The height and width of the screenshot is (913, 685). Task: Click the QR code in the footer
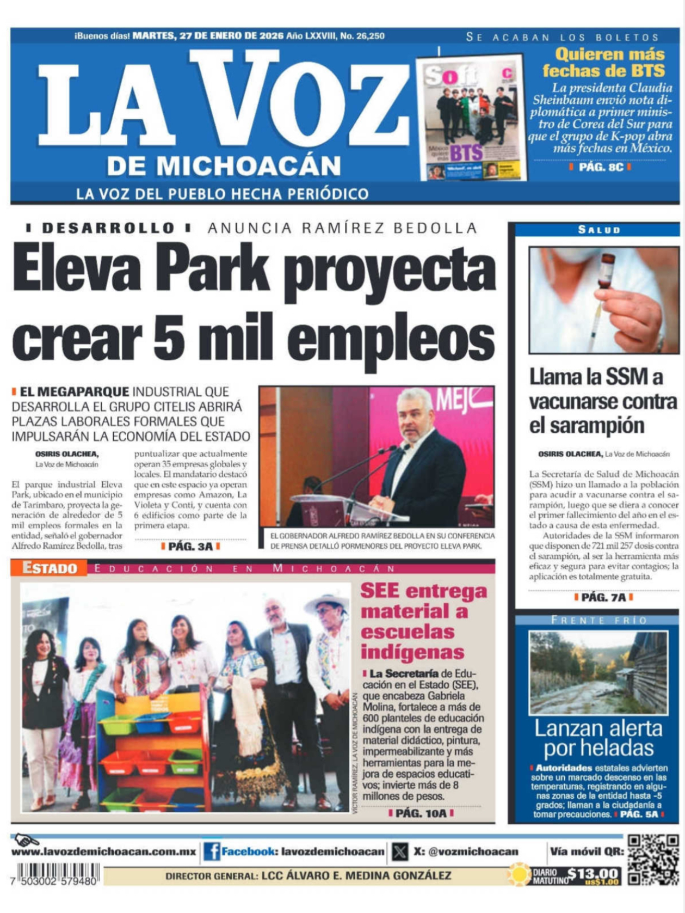coord(652,860)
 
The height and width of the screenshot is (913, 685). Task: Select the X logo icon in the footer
coord(400,851)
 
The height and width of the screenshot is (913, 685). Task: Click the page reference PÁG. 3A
coord(190,546)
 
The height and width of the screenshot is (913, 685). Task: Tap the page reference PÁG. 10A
coord(421,813)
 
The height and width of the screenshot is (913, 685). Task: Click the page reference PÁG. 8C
coord(601,167)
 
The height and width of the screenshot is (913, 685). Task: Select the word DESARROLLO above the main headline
coord(108,228)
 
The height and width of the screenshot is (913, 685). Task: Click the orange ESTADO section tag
coord(50,568)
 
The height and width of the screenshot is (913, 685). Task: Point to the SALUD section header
coord(598,230)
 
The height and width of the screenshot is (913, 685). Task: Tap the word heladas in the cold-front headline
coord(598,749)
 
